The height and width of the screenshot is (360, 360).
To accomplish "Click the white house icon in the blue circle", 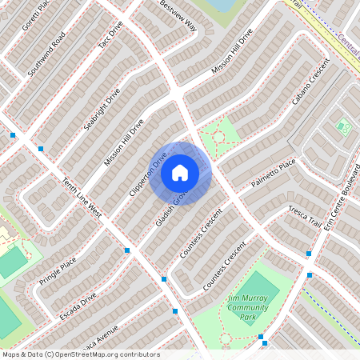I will point(180,172).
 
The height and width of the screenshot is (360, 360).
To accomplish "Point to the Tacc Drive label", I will point(110,35).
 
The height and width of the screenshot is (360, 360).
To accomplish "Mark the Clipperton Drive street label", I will point(147,174).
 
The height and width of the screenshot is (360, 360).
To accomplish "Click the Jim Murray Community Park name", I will point(246,308).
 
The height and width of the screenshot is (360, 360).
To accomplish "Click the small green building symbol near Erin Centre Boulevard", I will point(343,126).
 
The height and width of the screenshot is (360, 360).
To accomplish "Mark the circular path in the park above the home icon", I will point(218,137).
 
